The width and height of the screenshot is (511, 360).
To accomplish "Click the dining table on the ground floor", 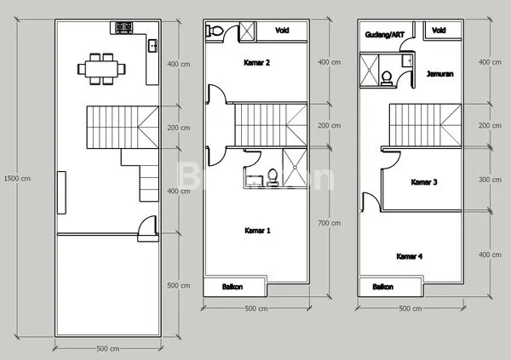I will [x=100, y=68].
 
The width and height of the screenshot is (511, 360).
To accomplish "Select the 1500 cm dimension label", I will [x=17, y=179].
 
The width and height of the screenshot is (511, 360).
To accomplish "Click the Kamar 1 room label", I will [x=257, y=231].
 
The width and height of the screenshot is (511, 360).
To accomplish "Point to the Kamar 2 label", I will [x=257, y=63].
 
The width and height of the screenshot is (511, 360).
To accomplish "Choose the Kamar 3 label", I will [x=423, y=182].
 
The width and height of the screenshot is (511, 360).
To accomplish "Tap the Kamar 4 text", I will [x=411, y=255].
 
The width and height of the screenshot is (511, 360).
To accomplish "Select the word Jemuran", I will [x=439, y=74].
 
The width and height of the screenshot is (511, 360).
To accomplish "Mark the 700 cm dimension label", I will [x=329, y=223].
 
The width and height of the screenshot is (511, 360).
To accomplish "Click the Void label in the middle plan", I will [x=281, y=31].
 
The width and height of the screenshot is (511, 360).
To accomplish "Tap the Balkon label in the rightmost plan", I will [x=383, y=287].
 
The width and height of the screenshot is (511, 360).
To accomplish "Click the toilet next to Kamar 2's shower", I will [x=217, y=31].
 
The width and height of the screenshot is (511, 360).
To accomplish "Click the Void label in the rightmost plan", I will [x=439, y=31].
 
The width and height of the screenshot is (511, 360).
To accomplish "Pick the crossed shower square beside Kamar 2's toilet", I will [x=246, y=31].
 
